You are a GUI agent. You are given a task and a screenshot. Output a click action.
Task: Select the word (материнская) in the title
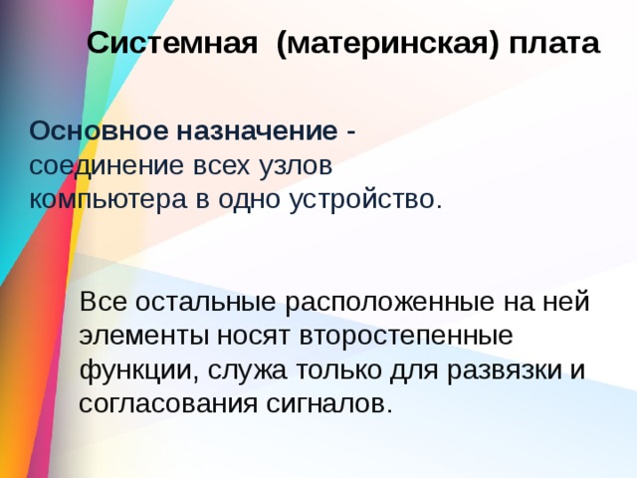tap(388, 45)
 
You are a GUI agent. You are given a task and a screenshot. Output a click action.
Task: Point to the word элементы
tap(135, 335)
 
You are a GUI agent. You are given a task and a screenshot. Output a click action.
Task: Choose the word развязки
tap(494, 369)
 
